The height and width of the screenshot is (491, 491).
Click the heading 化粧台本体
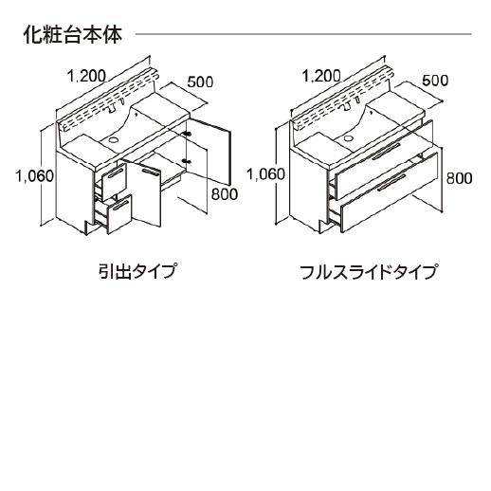tap(73, 34)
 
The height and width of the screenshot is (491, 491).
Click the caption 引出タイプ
tap(136, 271)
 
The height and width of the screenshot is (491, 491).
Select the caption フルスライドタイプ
tap(369, 271)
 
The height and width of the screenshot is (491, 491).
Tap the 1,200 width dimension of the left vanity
tap(86, 76)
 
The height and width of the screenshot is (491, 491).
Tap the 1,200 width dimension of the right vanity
tap(321, 76)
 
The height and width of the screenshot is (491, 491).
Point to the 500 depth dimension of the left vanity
tap(200, 82)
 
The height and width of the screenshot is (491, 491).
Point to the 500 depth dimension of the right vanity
tap(435, 81)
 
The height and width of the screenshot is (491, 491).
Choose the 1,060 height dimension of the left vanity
tap(35, 176)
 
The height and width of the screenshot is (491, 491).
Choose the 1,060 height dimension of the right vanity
tap(265, 174)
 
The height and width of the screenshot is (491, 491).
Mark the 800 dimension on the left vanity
tap(225, 194)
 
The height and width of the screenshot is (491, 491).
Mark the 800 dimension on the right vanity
tap(459, 178)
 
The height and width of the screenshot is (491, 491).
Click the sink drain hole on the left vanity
tap(112, 139)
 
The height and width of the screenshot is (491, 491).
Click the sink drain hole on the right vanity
tap(348, 137)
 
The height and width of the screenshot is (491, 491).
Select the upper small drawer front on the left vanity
tap(115, 182)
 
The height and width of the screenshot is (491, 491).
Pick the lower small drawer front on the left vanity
tap(119, 214)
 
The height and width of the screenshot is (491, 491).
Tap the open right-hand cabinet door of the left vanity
tap(209, 152)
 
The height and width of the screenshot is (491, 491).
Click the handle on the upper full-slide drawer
tap(387, 152)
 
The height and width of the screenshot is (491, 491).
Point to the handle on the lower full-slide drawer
tap(391, 183)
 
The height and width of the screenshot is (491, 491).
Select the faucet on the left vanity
tap(112, 108)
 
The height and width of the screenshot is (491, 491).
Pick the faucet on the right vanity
tap(346, 106)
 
